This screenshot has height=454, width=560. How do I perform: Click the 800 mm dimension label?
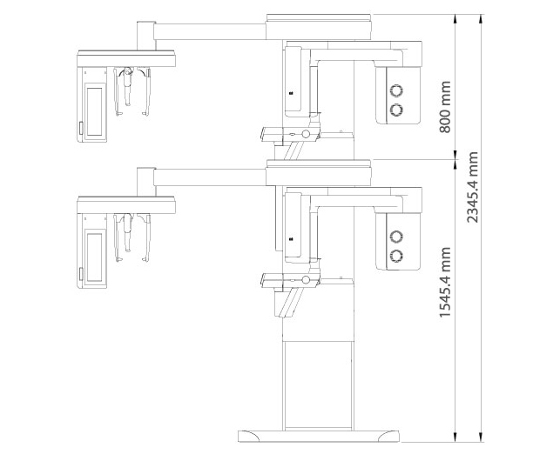pyautogui.click(x=445, y=107)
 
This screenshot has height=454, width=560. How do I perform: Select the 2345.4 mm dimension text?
pyautogui.click(x=472, y=187)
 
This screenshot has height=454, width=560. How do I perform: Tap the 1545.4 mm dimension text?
pyautogui.click(x=445, y=282)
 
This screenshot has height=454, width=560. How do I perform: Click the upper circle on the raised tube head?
pyautogui.click(x=396, y=90)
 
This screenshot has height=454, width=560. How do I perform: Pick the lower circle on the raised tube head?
pyautogui.click(x=396, y=110)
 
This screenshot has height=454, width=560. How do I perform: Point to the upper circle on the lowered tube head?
pyautogui.click(x=396, y=236)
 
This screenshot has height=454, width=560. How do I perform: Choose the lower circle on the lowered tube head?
pyautogui.click(x=396, y=255)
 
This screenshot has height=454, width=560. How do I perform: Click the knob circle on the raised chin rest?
pyautogui.click(x=306, y=134)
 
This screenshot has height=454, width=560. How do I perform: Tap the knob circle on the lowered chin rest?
pyautogui.click(x=306, y=279)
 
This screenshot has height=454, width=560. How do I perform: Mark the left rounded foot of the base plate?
pyautogui.click(x=249, y=436)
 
